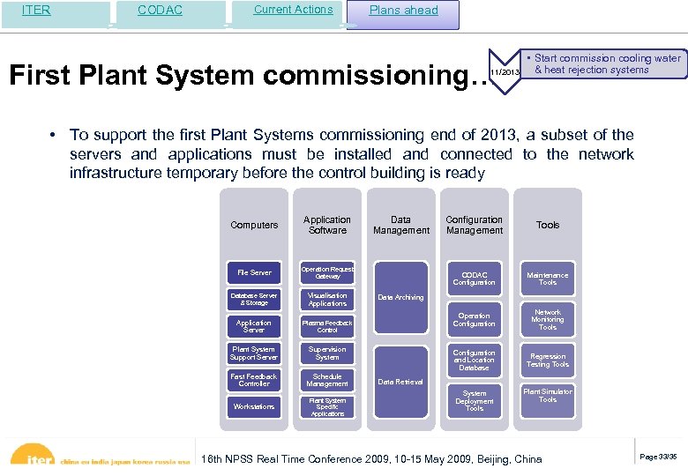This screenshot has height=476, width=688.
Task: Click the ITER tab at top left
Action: [36, 11]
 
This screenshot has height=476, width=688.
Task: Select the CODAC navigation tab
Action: [161, 11]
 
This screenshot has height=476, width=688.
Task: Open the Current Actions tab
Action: [293, 10]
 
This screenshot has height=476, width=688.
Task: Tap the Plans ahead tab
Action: [403, 11]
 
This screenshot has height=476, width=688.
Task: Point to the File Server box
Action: [254, 273]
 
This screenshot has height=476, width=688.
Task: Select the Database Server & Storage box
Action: [254, 300]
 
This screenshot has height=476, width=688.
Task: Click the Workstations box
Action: [254, 406]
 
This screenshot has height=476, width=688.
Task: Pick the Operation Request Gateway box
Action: [327, 273]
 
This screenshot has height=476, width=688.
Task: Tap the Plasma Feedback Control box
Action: [327, 326]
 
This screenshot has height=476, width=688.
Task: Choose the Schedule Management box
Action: [327, 380]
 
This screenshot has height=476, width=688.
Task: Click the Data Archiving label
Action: [400, 298]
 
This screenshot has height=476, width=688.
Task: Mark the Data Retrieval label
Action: [400, 382]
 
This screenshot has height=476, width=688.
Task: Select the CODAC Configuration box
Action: [475, 279]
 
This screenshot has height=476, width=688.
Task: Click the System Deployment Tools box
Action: [475, 401]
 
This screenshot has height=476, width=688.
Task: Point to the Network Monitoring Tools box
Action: [548, 320]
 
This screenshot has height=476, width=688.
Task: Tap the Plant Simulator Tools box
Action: [548, 396]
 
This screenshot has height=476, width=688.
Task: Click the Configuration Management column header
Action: [475, 225]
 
